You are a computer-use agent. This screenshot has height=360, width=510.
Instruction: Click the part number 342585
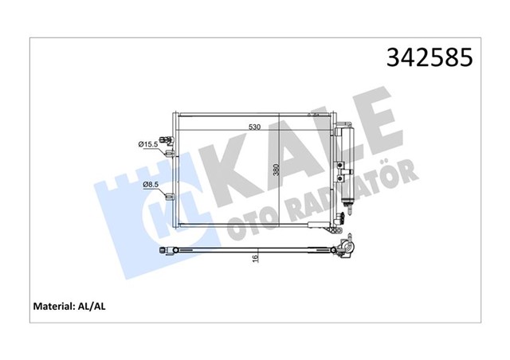pyautogui.click(x=430, y=57)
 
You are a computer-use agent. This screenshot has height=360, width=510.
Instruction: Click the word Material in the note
pyautogui.click(x=54, y=307)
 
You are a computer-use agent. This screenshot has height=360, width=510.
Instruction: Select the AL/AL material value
pyautogui.click(x=92, y=307)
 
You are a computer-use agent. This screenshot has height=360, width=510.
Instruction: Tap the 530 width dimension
pyautogui.click(x=254, y=127)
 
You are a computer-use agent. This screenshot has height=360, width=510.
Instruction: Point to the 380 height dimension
pyautogui.click(x=277, y=170)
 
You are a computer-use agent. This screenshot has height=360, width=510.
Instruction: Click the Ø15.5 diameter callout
pyautogui.click(x=148, y=144)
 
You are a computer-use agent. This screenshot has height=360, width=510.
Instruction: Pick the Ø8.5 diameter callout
pyautogui.click(x=151, y=185)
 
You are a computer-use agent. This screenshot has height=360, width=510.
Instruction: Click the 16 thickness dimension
pyautogui.click(x=255, y=258)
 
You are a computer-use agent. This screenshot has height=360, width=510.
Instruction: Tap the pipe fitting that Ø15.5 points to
pyautogui.click(x=170, y=153)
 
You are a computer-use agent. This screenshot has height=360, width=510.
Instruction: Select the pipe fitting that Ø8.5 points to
pyautogui.click(x=170, y=197)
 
